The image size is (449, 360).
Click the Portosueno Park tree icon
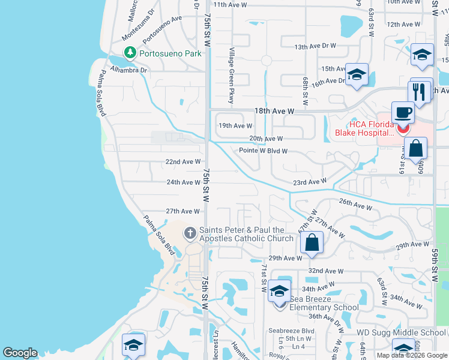[x=130, y=53]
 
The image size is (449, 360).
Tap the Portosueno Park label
[x=170, y=53]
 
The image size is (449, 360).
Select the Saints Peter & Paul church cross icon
[x=190, y=232]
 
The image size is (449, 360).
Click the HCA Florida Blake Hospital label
[x=364, y=128]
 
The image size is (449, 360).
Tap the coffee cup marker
[x=403, y=112]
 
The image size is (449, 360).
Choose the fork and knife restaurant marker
[x=420, y=92]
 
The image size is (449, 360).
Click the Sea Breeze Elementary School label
[x=324, y=302]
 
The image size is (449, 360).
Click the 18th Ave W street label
[x=274, y=112]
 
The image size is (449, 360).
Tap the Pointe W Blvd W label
[x=263, y=151]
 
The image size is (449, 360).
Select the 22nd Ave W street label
[x=183, y=162]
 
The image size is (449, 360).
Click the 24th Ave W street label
[x=183, y=182]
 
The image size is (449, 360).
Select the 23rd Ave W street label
[x=309, y=182]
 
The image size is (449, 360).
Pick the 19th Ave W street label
[x=235, y=126]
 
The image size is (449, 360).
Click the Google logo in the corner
[x=20, y=353]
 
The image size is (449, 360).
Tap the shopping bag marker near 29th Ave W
[x=312, y=243]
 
